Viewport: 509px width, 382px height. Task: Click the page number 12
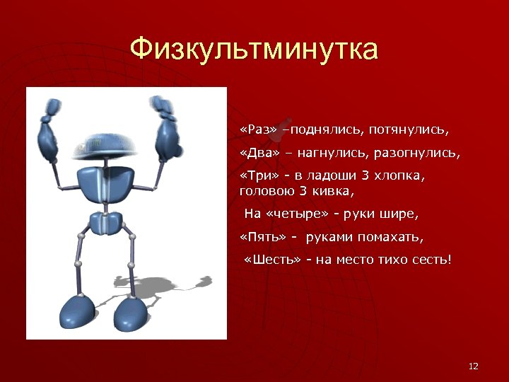point(474,366)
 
